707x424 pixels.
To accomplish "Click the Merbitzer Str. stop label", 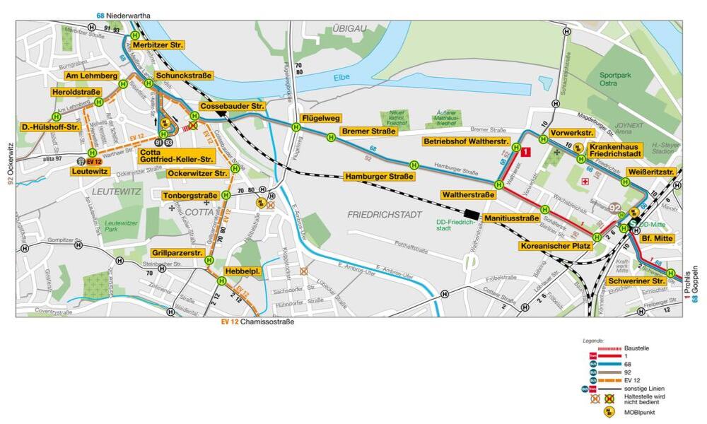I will click(158, 45).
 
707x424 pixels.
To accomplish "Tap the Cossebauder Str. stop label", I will click(231, 106).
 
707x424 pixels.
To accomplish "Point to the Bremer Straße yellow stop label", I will click(368, 131).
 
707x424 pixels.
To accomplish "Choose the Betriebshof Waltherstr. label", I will click(467, 142).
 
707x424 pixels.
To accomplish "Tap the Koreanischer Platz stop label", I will click(555, 246).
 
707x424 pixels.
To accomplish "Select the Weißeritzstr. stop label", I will click(650, 172).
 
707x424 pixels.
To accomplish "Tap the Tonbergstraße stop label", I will click(189, 196).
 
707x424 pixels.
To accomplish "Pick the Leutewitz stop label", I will click(90, 171).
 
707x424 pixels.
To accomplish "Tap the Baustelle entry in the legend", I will click(636, 348).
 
